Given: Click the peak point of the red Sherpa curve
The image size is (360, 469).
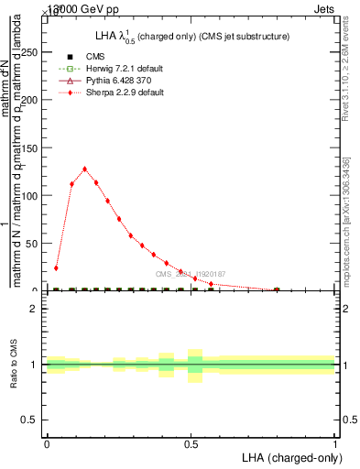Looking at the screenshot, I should (x=85, y=169).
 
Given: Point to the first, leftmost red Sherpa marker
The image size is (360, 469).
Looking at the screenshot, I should (x=56, y=268).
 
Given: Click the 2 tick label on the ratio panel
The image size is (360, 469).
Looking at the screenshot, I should (x=34, y=309).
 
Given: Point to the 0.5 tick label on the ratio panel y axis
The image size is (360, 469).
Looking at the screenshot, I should (x=30, y=420).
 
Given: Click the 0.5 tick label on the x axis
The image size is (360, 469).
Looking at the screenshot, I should (x=191, y=442).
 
